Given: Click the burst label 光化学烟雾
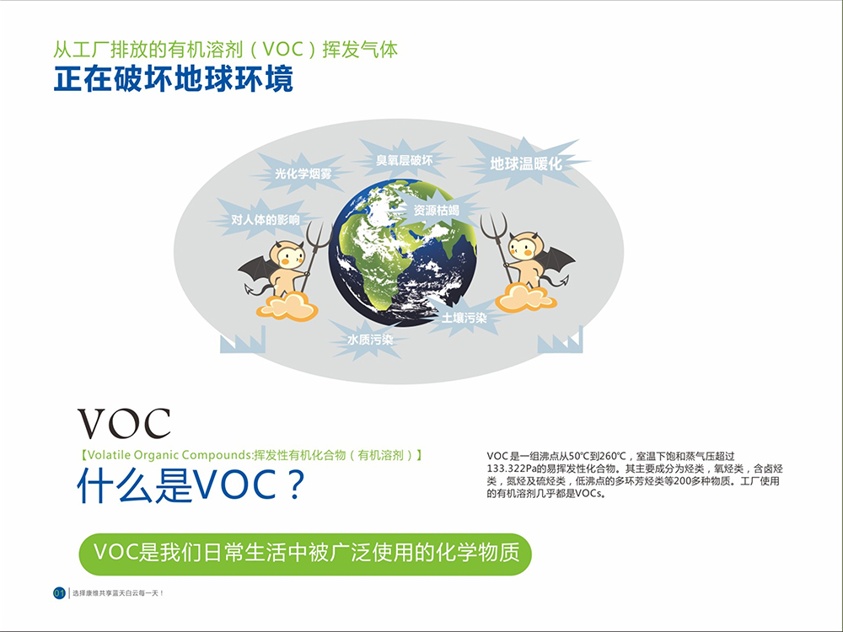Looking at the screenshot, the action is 303,174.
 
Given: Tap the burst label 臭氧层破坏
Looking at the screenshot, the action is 405,160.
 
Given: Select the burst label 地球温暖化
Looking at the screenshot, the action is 526,163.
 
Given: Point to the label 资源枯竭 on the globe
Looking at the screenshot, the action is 437,210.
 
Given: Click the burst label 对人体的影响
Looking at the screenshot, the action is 266,219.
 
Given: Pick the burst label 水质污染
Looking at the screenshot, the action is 370,340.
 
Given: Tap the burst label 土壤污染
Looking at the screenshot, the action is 464,318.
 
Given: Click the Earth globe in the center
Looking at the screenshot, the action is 403,252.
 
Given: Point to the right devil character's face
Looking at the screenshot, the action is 525,247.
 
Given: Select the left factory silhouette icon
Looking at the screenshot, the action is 243,340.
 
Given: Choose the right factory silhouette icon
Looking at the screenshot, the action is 561,340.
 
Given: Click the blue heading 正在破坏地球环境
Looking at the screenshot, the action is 173,79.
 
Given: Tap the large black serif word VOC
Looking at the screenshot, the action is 124,424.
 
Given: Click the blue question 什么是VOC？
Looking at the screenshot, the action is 191,485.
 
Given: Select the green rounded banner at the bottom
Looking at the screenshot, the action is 305,554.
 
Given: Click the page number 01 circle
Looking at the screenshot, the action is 59,592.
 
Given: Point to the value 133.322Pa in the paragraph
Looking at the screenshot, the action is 512,469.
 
